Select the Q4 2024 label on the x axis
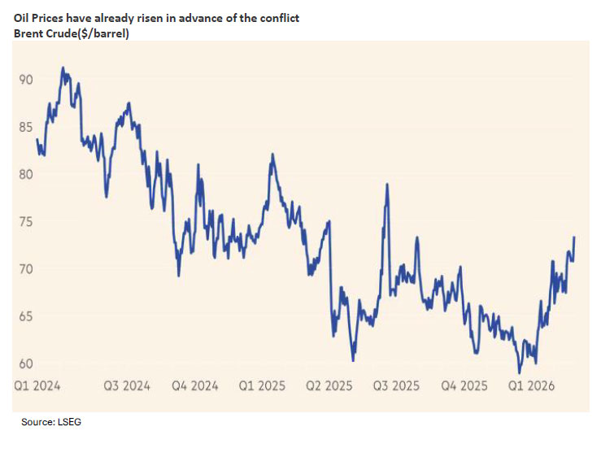[x=196, y=387]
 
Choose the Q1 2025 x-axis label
[x=263, y=387]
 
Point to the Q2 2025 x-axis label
[x=330, y=387]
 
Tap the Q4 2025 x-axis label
[x=464, y=387]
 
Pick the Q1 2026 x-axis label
[x=531, y=387]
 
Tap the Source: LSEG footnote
[x=51, y=424]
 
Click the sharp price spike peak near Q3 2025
[x=387, y=185]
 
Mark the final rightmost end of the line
[x=574, y=237]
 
